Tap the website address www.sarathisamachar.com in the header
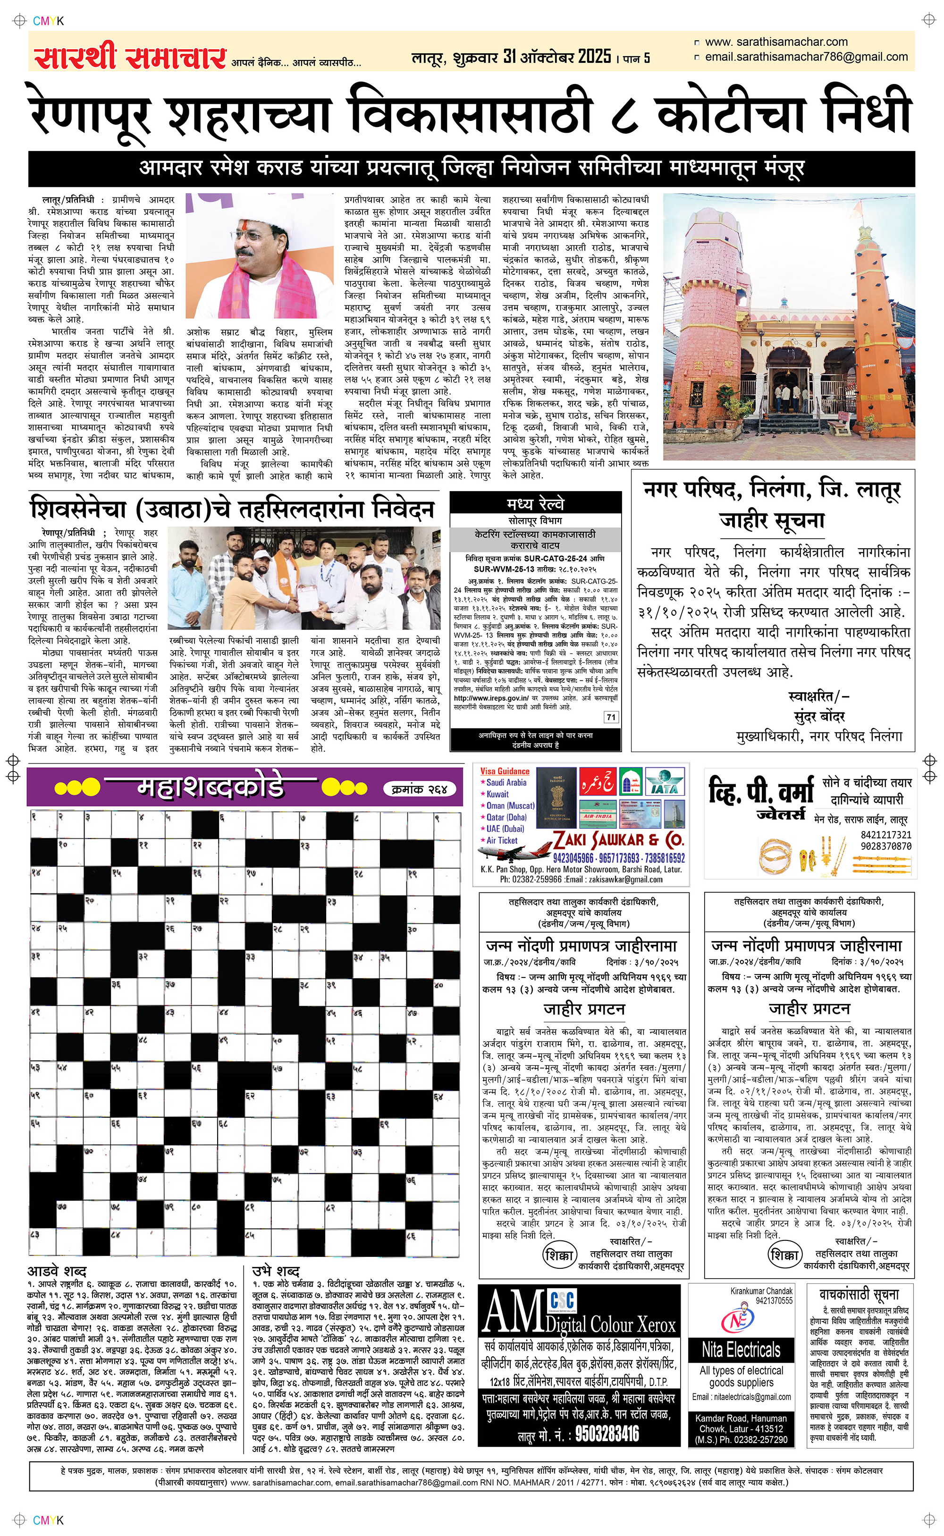point(776,42)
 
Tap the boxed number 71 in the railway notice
point(611,717)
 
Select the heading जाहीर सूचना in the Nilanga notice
point(772,520)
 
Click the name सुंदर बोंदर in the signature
point(819,716)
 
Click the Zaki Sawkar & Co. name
point(619,839)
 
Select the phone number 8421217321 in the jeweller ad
point(885,835)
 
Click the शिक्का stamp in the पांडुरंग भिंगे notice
point(559,1255)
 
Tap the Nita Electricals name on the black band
point(741,1350)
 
